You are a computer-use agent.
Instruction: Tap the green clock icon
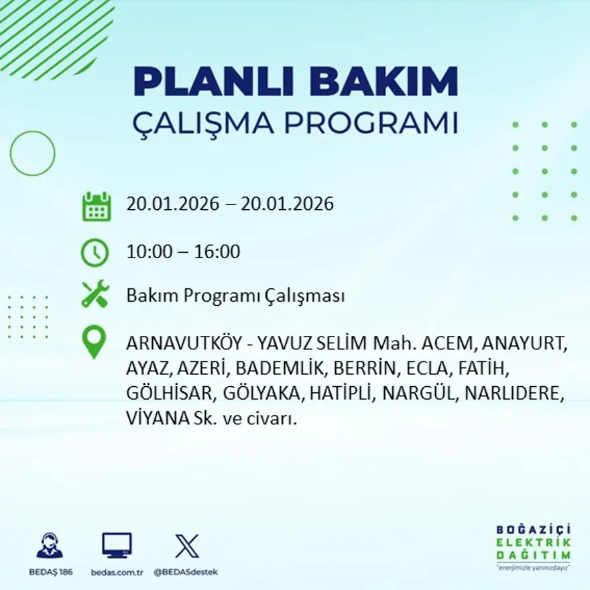click(x=95, y=253)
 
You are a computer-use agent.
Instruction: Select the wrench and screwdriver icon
click(x=95, y=295)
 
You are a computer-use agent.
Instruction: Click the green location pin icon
click(x=94, y=341)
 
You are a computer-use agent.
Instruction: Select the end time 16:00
click(x=217, y=252)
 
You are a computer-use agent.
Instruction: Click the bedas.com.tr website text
click(x=117, y=572)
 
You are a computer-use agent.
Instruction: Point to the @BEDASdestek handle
click(x=186, y=572)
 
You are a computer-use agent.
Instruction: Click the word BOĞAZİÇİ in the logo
click(x=538, y=530)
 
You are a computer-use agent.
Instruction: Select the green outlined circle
click(x=32, y=154)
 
